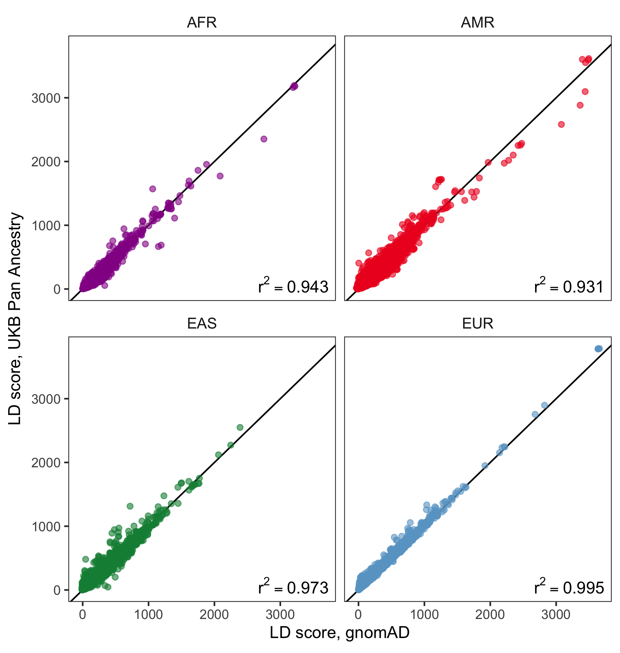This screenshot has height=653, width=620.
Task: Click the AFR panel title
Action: pyautogui.click(x=202, y=22)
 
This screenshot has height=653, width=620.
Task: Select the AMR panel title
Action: pyautogui.click(x=478, y=22)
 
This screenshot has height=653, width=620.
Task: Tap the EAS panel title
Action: pyautogui.click(x=202, y=323)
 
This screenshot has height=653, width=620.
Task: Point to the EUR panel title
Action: pyautogui.click(x=478, y=323)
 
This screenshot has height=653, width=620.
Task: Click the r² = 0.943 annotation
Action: pyautogui.click(x=293, y=286)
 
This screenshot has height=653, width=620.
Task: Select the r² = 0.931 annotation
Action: pyautogui.click(x=569, y=286)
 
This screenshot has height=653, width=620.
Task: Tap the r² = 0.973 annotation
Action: pyautogui.click(x=293, y=587)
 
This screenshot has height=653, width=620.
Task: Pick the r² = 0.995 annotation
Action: pyautogui.click(x=569, y=587)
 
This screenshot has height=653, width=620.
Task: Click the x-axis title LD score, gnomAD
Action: pyautogui.click(x=340, y=633)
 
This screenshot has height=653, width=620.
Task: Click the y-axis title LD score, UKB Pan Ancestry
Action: pyautogui.click(x=15, y=318)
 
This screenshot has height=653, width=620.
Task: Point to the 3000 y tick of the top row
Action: pyautogui.click(x=46, y=98)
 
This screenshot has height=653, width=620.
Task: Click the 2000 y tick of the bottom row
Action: pyautogui.click(x=46, y=463)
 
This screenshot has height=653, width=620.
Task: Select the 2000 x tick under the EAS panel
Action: pyautogui.click(x=214, y=615)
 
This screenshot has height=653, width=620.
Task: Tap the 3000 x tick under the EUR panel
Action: pyautogui.click(x=556, y=615)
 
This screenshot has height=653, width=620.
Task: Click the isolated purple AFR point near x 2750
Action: pyautogui.click(x=264, y=139)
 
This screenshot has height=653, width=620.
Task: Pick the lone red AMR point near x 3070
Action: pyautogui.click(x=561, y=124)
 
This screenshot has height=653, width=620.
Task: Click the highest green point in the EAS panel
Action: pyautogui.click(x=240, y=427)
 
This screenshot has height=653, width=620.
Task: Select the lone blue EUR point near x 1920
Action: pyautogui.click(x=485, y=466)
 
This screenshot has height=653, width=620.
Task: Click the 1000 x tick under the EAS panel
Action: pyautogui.click(x=148, y=615)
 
